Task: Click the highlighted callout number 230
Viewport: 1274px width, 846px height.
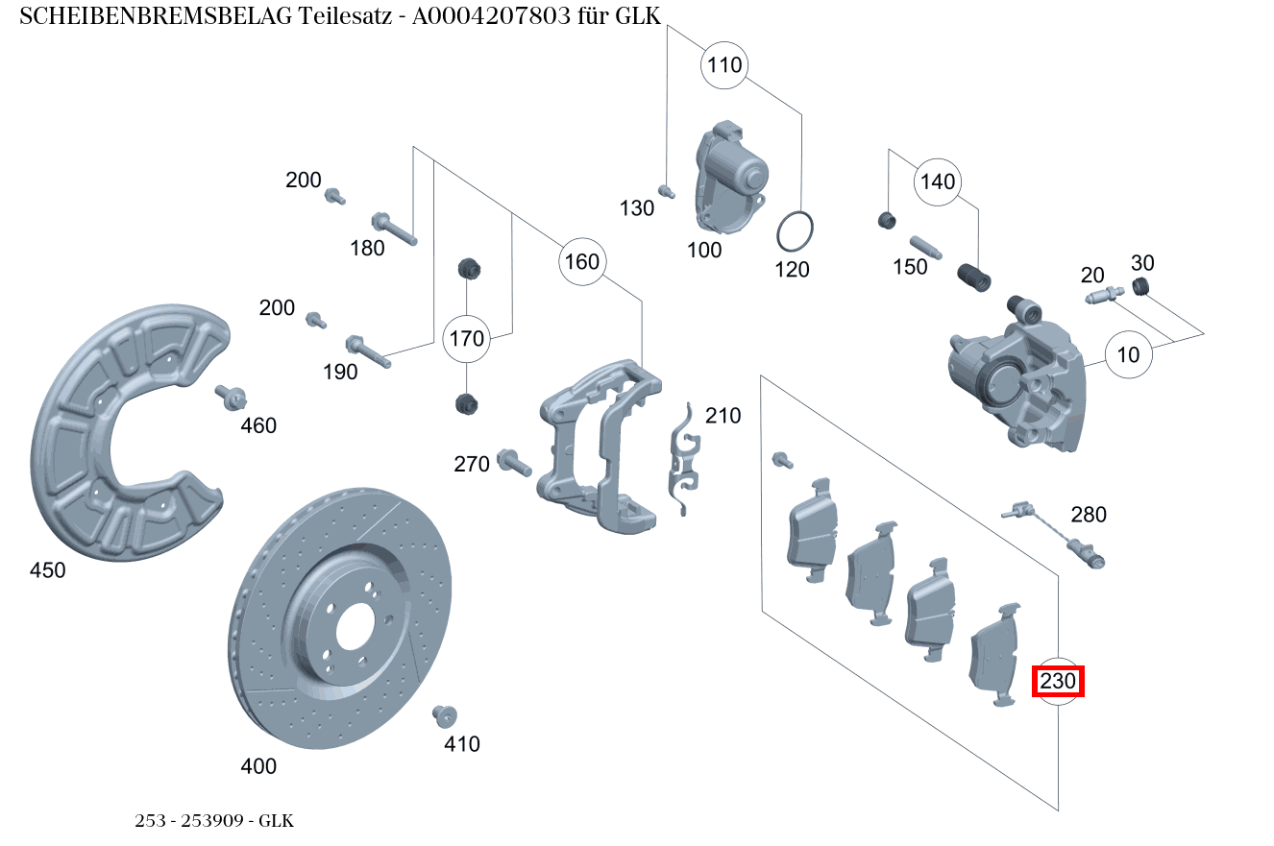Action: (1058, 682)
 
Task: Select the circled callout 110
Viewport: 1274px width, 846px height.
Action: (724, 65)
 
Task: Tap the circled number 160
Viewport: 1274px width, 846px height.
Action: (581, 261)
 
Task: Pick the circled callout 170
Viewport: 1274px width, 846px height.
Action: (467, 338)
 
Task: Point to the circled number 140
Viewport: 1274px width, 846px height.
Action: (938, 181)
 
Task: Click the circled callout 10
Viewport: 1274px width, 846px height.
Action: (1128, 354)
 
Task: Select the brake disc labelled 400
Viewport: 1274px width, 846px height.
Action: (341, 624)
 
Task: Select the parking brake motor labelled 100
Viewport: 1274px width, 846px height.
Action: (730, 178)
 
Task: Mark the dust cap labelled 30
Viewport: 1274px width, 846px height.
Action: (1141, 286)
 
